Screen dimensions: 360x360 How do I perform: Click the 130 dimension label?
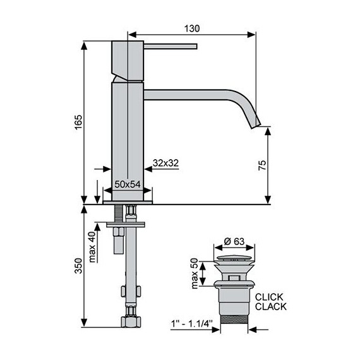(x=192, y=28)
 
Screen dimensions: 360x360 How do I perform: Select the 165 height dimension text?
(x=78, y=123)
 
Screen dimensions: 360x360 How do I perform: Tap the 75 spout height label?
(x=262, y=165)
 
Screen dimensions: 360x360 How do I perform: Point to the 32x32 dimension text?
(x=165, y=163)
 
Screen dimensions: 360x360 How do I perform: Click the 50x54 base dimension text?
(x=127, y=184)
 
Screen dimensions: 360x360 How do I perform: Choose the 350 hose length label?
(x=78, y=266)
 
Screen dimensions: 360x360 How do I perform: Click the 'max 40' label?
(x=92, y=247)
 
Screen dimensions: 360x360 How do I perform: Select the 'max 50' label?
(x=195, y=273)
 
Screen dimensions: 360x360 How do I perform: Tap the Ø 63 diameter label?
(x=234, y=241)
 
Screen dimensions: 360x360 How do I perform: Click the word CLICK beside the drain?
(x=269, y=297)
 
